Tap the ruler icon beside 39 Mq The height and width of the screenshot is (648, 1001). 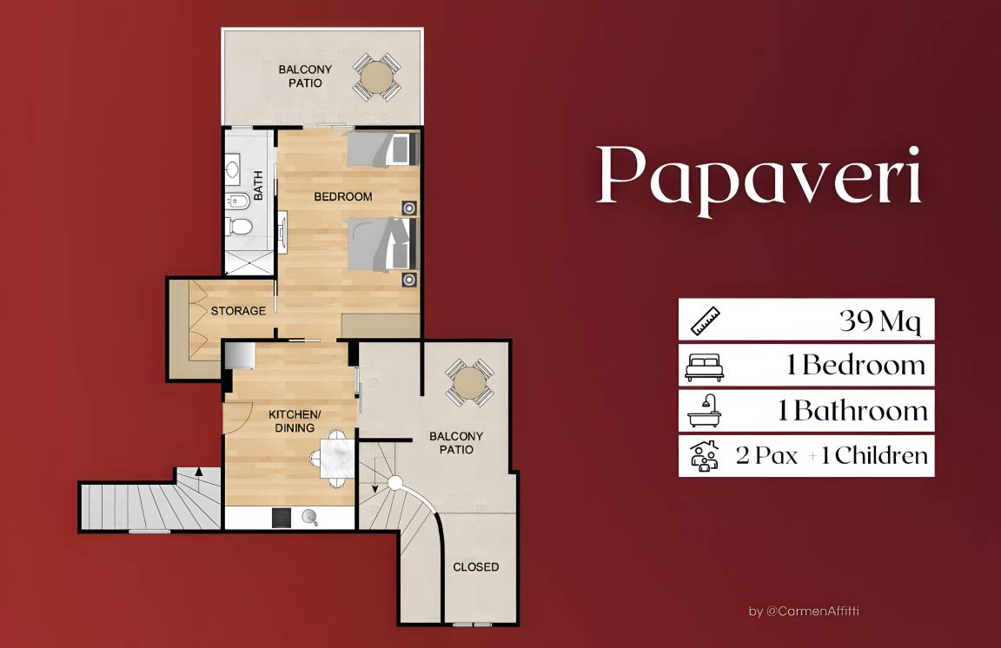pos(706,321)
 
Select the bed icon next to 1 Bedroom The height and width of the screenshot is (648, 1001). pos(705,367)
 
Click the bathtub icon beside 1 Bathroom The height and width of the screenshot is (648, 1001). pos(705,411)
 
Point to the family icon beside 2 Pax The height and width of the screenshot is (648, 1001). pos(705,455)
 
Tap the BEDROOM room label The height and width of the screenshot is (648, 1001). pos(343,197)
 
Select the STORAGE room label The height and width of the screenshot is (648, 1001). pos(238,311)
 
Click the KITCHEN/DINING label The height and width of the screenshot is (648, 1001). pos(295,421)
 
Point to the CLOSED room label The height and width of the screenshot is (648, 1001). pos(476,567)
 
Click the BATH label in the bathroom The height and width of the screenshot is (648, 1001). pos(258,185)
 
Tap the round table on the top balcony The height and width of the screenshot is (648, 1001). pos(377,76)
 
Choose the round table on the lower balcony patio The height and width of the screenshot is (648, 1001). pos(469,382)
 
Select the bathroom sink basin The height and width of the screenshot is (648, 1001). pos(233,169)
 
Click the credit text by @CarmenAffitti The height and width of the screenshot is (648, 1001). pos(804,612)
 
